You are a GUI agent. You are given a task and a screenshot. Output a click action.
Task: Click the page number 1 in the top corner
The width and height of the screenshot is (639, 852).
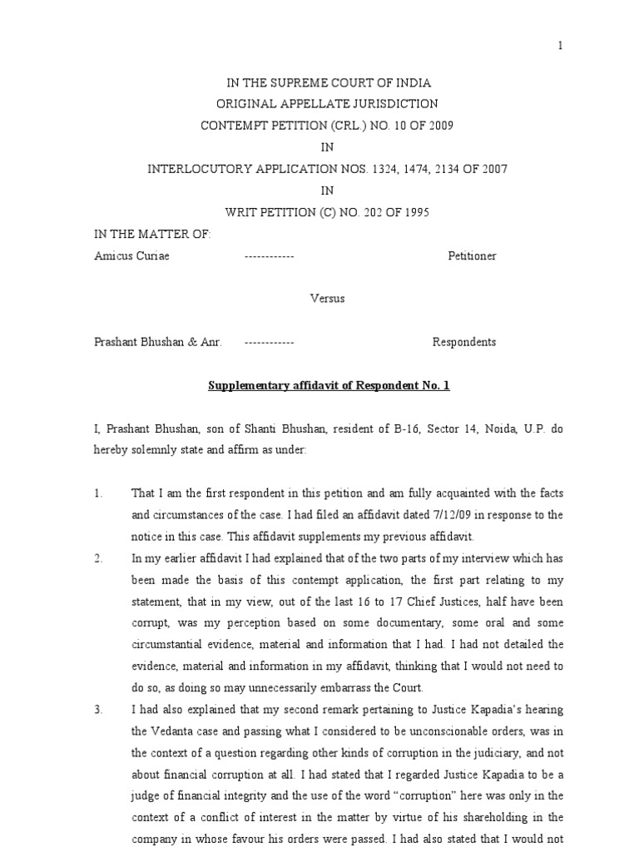click(x=561, y=46)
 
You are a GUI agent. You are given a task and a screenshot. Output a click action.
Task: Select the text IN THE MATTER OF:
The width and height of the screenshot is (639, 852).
click(x=153, y=234)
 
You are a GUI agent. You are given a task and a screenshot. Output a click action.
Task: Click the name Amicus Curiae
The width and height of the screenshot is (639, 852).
click(x=132, y=255)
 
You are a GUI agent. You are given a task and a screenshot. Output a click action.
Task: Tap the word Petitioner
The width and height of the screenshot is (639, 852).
click(x=472, y=255)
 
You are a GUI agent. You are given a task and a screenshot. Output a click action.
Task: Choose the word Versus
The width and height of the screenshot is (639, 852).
click(x=327, y=299)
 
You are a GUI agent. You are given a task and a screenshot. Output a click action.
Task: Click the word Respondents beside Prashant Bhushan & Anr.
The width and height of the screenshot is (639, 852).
click(x=464, y=342)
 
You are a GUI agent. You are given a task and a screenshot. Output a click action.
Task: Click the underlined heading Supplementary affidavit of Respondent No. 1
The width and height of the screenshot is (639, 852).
click(x=328, y=385)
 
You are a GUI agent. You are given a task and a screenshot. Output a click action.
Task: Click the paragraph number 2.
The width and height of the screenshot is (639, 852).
click(x=98, y=558)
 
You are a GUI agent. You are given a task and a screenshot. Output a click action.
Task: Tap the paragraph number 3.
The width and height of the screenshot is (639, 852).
click(x=98, y=710)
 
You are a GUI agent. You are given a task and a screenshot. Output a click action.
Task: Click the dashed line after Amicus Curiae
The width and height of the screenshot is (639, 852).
click(x=269, y=255)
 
